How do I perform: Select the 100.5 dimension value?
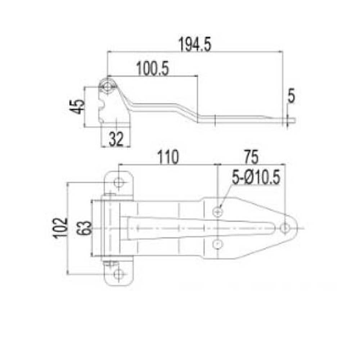(152, 68)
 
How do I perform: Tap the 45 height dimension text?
(77, 107)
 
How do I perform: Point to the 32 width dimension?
(116, 139)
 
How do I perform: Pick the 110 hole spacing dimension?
(168, 157)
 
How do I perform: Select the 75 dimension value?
(251, 157)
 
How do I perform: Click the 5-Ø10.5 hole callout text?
(256, 177)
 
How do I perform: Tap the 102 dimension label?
(60, 228)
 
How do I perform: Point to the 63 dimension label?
(84, 228)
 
